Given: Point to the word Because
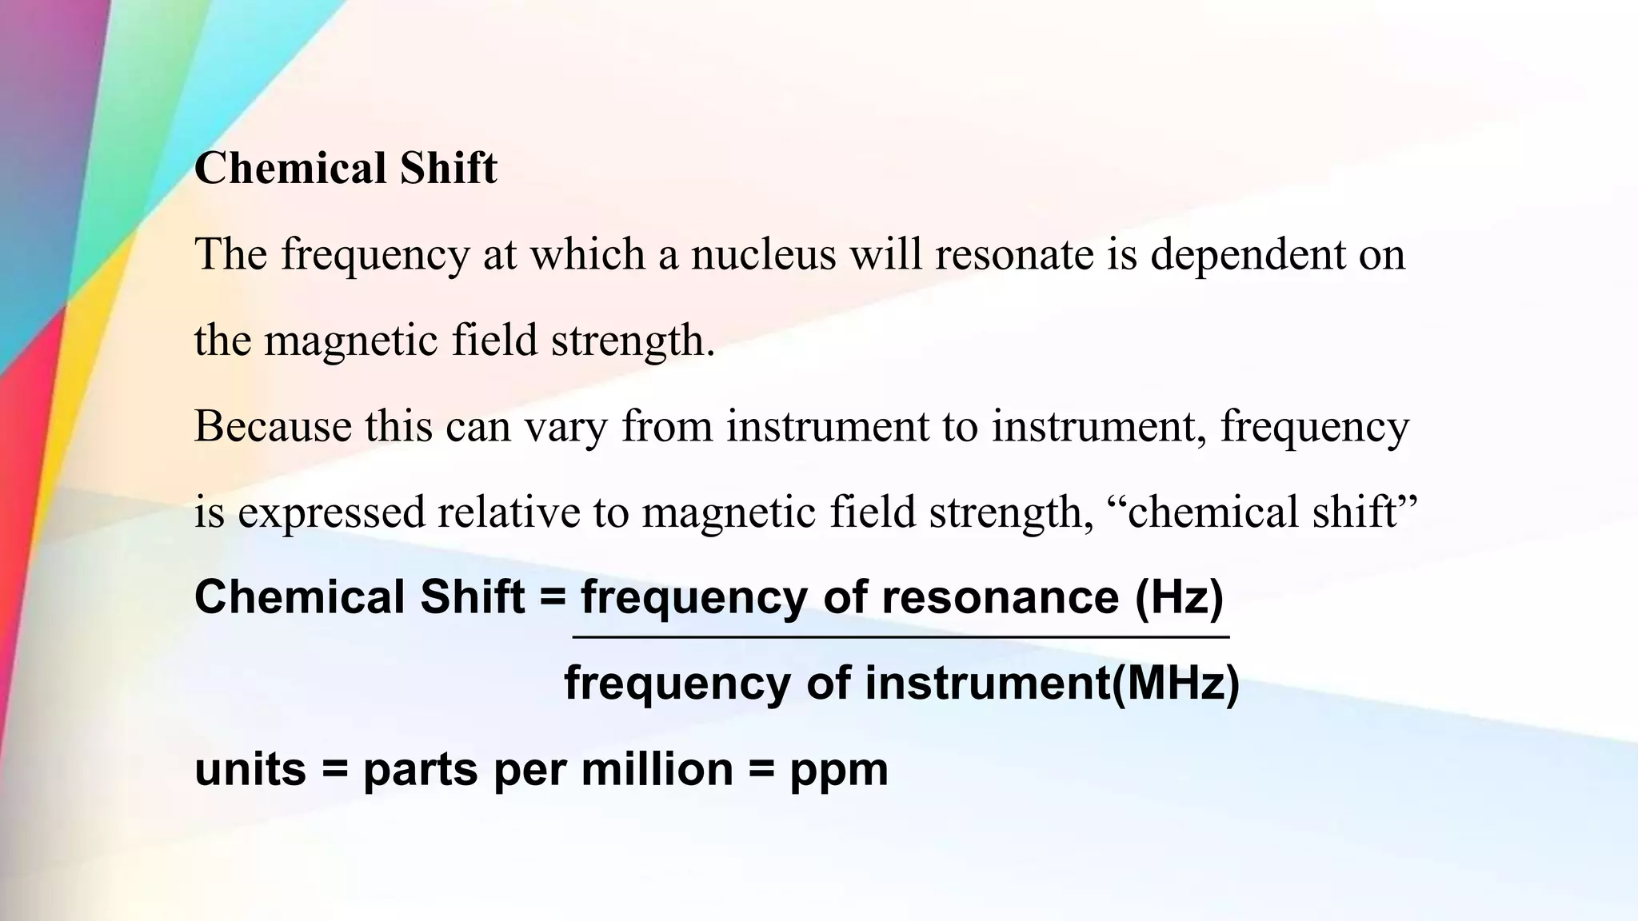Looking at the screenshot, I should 273,425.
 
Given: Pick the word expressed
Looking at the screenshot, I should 331,512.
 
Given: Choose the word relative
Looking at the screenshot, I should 509,512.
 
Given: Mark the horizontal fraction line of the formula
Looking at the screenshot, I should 901,637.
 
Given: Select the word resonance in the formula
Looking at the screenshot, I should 1000,598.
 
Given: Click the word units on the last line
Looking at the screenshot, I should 250,769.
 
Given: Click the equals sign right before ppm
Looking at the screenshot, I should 761,771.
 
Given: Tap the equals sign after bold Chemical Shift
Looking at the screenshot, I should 553,598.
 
